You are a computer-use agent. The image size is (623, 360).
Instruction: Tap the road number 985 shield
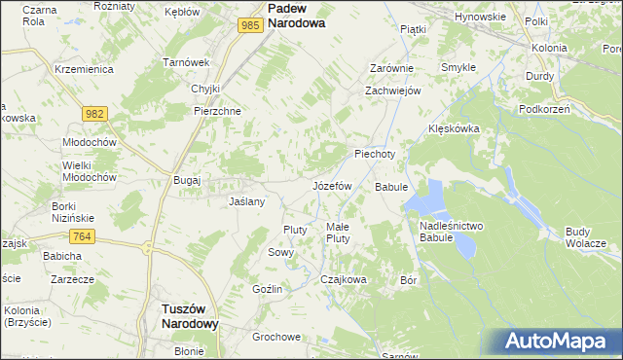pos(249,25)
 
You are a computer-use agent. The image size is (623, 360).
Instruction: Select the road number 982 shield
pos(94,115)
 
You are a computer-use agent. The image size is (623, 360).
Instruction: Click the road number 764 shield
pos(82,236)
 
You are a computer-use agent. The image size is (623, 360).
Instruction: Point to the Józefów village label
pos(331,185)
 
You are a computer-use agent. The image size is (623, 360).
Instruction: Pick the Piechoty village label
pos(375,154)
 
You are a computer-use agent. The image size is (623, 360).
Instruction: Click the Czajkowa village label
pos(344,279)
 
